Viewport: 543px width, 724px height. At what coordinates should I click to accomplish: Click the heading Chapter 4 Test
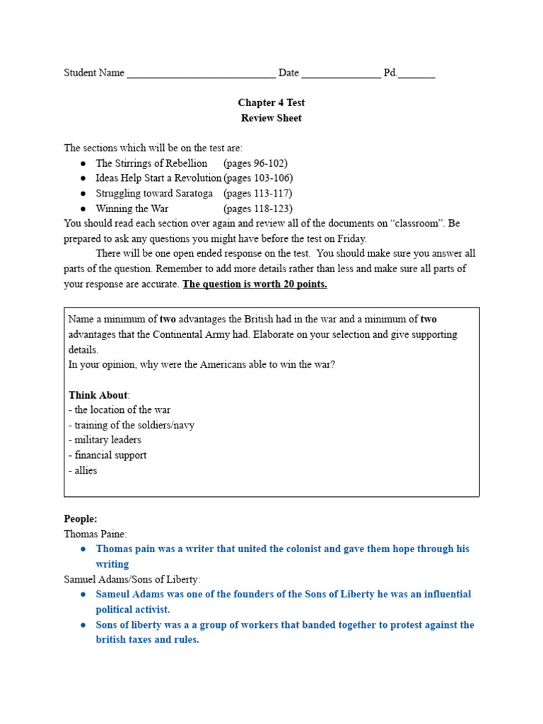(271, 103)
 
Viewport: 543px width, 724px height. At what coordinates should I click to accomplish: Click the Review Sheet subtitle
(271, 118)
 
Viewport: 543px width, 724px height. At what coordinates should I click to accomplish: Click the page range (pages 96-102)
(255, 163)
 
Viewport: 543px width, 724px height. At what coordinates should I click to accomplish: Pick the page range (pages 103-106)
(258, 178)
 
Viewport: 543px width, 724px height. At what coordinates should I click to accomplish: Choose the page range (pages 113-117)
(258, 193)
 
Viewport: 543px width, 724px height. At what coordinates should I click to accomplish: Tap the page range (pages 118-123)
(258, 209)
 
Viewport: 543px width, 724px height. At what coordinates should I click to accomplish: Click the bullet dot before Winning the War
(83, 209)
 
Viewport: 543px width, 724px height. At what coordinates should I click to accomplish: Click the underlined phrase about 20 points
(255, 284)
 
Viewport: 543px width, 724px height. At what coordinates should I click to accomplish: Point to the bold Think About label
(98, 395)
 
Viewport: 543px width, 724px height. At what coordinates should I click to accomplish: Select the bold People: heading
(81, 518)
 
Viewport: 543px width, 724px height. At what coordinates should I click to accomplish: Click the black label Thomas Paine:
(95, 534)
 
